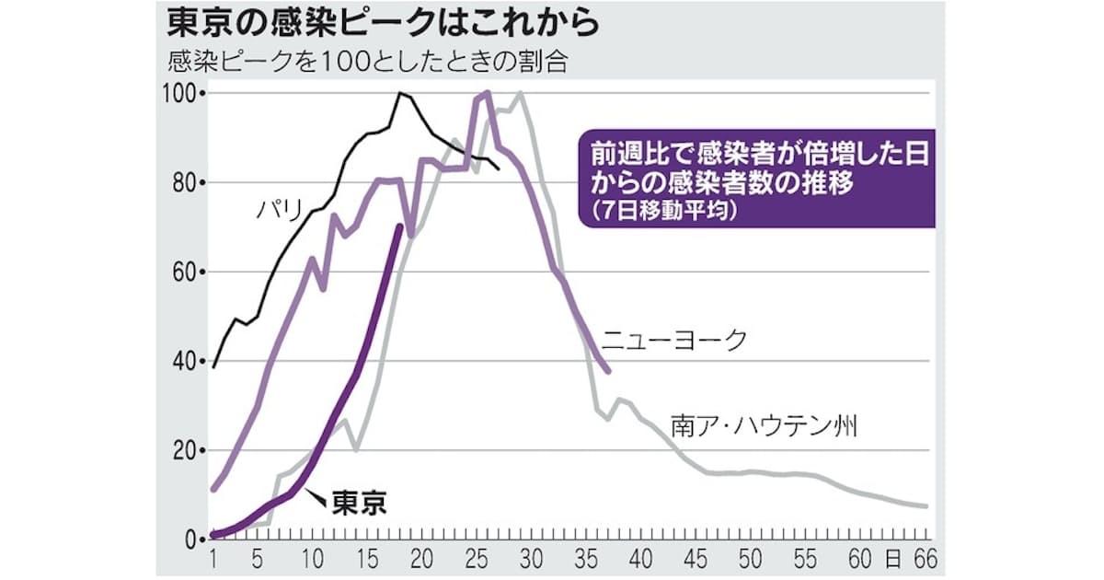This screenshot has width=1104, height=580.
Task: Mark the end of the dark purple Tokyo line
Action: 398,226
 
